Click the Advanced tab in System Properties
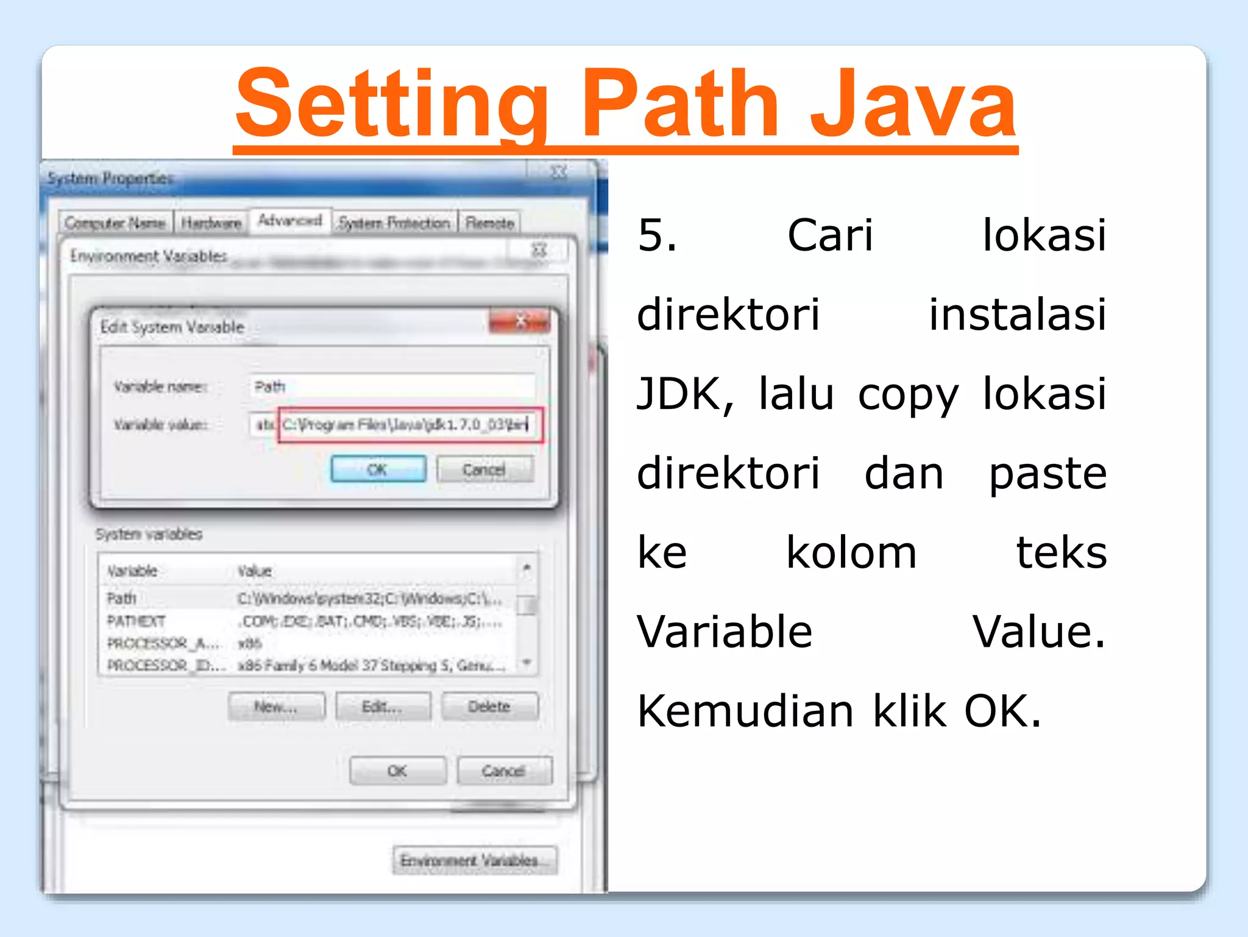[x=290, y=221]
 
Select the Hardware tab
[x=211, y=224]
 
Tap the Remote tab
[x=489, y=224]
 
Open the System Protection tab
[x=394, y=224]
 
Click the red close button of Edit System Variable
[x=520, y=321]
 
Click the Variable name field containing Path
[x=391, y=387]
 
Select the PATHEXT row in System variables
[x=136, y=621]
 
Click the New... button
[x=276, y=707]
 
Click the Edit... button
[x=382, y=707]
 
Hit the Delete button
[x=489, y=707]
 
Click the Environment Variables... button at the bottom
[x=474, y=860]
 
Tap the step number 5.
[x=656, y=235]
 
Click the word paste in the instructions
[x=1047, y=474]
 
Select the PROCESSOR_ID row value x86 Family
[x=372, y=665]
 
